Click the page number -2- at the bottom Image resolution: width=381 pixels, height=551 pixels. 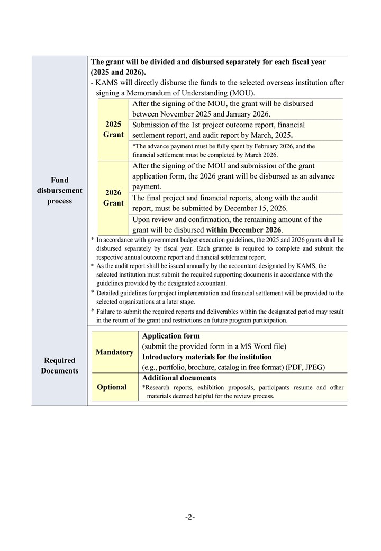click(190, 517)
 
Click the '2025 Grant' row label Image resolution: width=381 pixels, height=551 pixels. click(113, 129)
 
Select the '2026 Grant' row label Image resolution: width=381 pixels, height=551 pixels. click(113, 198)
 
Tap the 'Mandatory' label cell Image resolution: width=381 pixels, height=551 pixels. click(115, 352)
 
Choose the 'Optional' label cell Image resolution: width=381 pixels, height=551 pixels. click(112, 387)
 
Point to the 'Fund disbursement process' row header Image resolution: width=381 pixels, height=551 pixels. click(59, 190)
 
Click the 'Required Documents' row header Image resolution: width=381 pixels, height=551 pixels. click(59, 366)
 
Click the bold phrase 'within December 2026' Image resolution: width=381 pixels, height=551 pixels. click(244, 229)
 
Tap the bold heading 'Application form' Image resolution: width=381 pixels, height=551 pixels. click(171, 336)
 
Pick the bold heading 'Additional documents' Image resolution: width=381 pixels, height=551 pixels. click(179, 378)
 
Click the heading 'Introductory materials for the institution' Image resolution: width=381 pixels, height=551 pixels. click(207, 357)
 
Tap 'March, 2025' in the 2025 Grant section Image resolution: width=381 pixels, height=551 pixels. click(270, 135)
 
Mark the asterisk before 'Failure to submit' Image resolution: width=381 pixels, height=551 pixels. click(93, 311)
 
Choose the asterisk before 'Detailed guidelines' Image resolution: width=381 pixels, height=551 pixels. click(93, 292)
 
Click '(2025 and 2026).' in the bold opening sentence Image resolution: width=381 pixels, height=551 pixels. click(118, 72)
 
